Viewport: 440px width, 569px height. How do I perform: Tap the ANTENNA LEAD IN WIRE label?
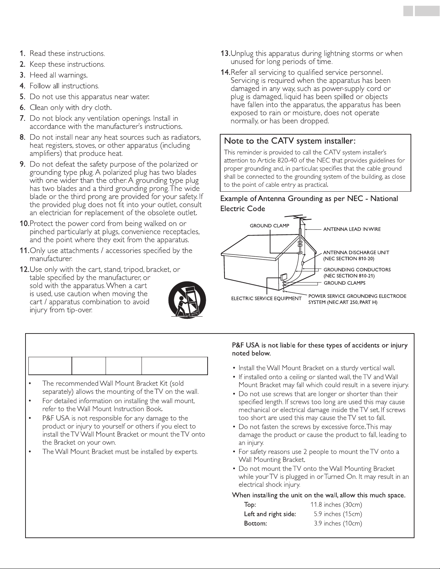(352, 229)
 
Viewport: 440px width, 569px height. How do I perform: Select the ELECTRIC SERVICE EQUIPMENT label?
(266, 298)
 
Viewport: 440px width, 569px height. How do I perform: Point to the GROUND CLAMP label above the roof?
(269, 226)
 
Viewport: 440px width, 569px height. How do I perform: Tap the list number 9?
(22, 164)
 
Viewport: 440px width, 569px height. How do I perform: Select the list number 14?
(225, 73)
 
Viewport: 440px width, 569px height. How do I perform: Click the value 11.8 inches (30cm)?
(336, 505)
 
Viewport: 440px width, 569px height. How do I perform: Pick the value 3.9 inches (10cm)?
(338, 523)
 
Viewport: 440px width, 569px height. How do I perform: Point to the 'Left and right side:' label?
(270, 514)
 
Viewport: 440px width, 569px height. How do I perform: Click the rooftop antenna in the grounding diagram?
(298, 219)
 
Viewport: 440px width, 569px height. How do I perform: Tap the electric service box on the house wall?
(283, 277)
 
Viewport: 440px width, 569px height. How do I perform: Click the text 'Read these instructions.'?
(67, 53)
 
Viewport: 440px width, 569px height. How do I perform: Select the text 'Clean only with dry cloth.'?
(71, 107)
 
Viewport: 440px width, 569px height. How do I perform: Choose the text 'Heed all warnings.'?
(59, 75)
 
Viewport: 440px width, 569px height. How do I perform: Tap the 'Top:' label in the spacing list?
(250, 505)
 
